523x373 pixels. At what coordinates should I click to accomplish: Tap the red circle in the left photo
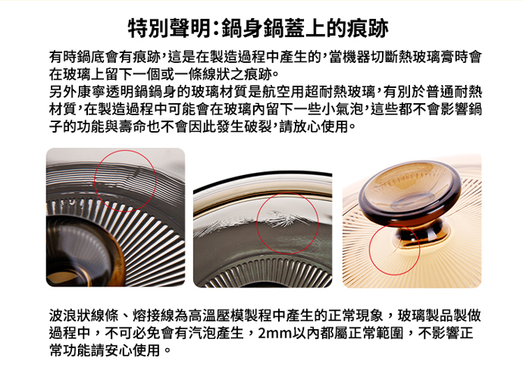[x=125, y=151]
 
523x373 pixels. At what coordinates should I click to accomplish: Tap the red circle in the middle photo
[x=287, y=193]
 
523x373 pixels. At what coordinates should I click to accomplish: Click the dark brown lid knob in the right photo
[x=410, y=193]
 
